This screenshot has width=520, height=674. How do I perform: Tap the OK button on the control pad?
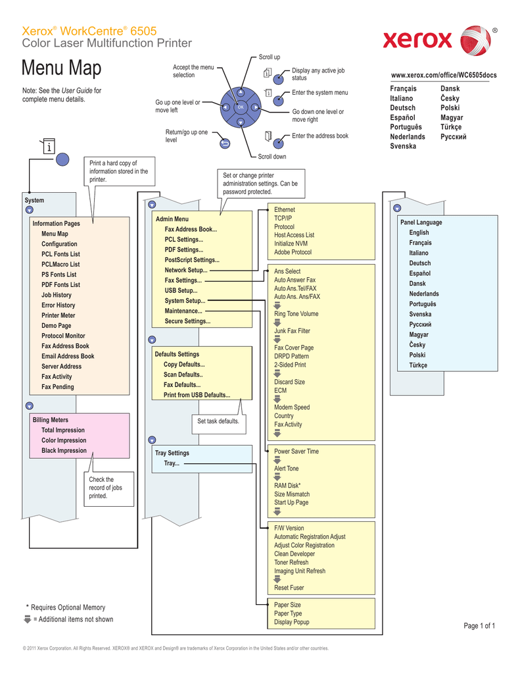241,107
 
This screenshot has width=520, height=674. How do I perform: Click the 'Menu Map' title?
61,68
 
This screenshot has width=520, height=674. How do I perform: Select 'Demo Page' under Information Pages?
57,325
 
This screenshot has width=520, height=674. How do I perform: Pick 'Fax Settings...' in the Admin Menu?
183,280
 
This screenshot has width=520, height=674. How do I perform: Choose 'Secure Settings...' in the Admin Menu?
187,321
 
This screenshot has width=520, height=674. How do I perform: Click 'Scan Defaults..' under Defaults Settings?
183,375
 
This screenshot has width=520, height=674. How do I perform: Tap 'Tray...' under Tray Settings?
171,464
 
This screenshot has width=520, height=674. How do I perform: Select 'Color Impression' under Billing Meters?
64,440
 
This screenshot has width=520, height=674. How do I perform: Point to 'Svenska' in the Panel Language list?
420,314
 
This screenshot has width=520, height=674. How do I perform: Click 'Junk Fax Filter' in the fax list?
292,331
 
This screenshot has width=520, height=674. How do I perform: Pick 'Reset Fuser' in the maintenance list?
289,588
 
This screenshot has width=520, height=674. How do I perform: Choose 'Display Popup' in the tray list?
292,622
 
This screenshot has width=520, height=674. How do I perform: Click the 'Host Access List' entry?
294,235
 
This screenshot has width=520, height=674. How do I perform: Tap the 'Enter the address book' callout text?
320,136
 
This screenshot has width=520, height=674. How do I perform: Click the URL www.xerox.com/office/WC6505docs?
444,76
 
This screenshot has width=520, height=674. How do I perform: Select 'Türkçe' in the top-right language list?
451,127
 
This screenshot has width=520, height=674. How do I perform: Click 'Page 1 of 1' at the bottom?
479,625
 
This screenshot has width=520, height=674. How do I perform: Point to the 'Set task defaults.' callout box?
218,421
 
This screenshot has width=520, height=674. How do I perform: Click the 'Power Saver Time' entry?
296,452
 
